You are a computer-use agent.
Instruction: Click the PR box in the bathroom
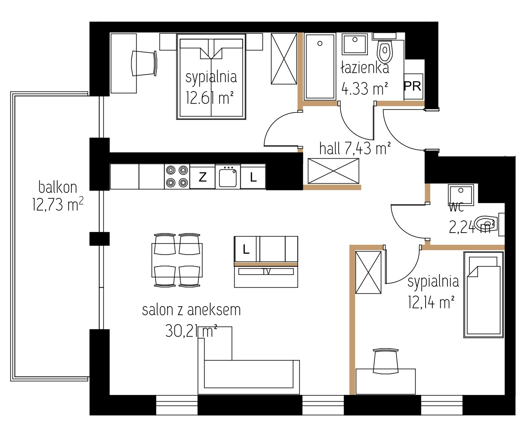click(x=413, y=86)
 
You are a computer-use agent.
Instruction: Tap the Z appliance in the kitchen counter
click(x=202, y=177)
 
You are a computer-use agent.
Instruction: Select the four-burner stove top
click(x=177, y=176)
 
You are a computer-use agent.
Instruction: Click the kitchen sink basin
click(x=228, y=177)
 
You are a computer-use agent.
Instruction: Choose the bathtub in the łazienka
click(x=320, y=67)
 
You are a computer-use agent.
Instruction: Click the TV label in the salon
click(x=266, y=272)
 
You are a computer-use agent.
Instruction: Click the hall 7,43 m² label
click(x=355, y=148)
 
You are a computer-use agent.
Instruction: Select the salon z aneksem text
click(x=191, y=310)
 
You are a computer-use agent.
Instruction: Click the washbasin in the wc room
click(x=461, y=194)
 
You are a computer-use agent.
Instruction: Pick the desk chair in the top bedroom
click(x=144, y=63)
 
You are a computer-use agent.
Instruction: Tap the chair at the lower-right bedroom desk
click(x=386, y=361)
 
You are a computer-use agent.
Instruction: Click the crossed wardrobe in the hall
click(x=333, y=171)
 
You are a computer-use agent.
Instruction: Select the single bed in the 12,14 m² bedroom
click(x=483, y=295)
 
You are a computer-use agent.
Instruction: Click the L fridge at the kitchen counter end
click(x=253, y=177)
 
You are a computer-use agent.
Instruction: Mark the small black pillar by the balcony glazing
click(x=100, y=239)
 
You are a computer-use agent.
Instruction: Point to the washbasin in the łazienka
click(x=355, y=44)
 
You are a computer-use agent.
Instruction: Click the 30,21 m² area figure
click(x=191, y=331)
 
